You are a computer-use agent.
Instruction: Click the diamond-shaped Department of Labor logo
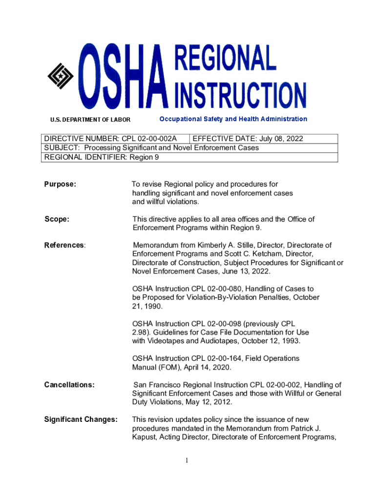[61, 77]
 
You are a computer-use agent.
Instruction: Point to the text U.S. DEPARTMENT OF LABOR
[90, 119]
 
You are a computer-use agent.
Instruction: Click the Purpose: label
[60, 185]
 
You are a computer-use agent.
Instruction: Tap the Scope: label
[57, 219]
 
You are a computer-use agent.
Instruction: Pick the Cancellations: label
[69, 385]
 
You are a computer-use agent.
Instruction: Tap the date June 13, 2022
[246, 271]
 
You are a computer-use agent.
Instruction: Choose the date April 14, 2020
[207, 367]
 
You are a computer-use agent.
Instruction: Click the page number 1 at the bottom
[188, 460]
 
